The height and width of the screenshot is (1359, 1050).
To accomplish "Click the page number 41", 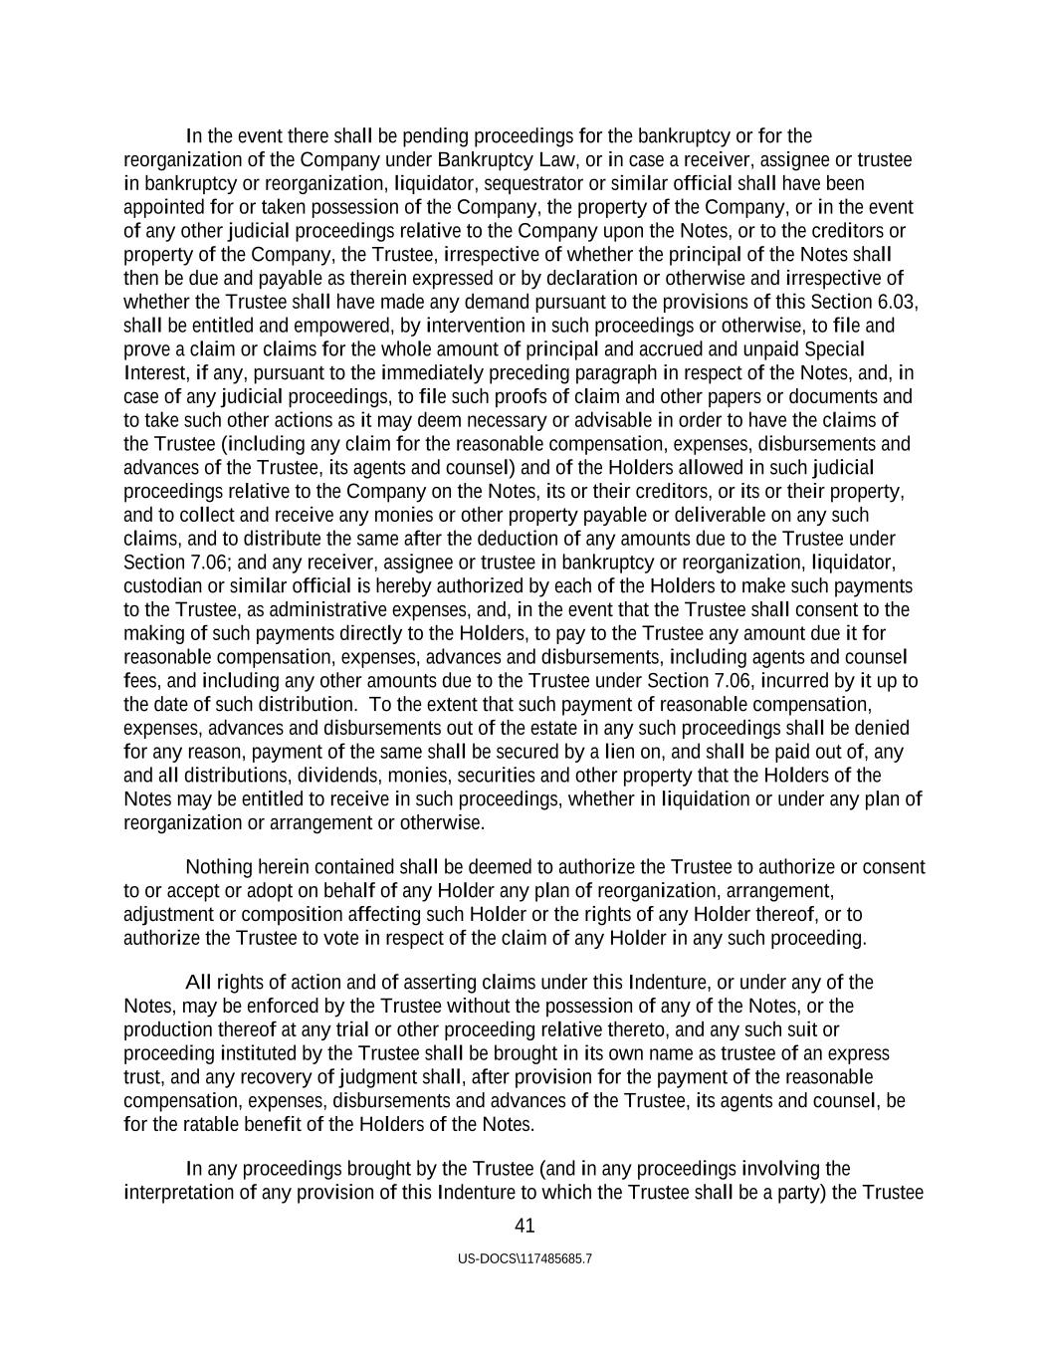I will (525, 1226).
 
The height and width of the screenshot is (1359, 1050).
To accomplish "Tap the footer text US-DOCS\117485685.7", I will (525, 1258).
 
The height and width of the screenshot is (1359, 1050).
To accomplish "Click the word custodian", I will (163, 585).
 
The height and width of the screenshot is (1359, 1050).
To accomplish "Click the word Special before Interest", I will (834, 349).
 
